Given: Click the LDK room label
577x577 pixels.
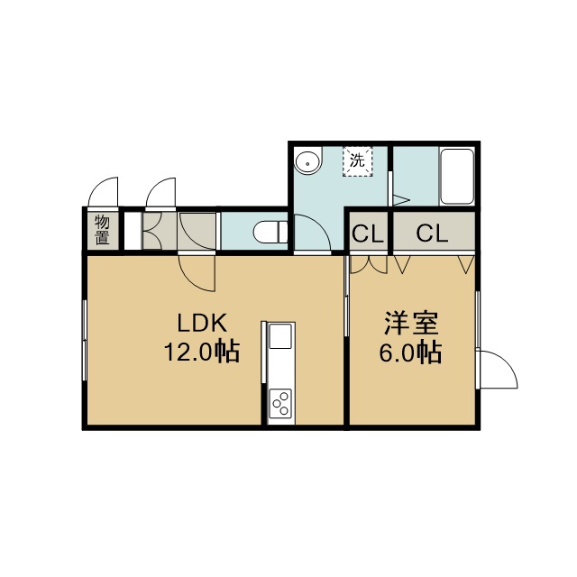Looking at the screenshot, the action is point(202,323).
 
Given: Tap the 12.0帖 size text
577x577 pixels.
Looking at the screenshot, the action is point(202,353).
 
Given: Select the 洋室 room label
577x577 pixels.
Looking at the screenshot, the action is point(411,323).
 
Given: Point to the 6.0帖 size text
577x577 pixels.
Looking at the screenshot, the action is point(410,353).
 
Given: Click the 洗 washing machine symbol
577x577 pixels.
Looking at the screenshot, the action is point(357,161).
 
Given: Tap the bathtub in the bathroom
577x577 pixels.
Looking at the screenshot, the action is point(457,177).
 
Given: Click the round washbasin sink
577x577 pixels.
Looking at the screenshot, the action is point(307,161).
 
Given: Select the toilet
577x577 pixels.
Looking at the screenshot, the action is point(270,232).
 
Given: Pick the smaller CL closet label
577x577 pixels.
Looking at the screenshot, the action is point(368,234).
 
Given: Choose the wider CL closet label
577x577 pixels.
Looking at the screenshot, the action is point(433,234).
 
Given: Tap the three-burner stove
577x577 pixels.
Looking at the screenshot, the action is point(280,404).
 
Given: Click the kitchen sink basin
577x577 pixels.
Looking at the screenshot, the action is point(280,336).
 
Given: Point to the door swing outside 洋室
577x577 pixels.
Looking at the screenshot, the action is point(497,370).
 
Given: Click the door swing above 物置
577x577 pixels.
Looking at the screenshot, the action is point(104,192).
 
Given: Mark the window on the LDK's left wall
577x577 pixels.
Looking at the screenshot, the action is point(85,341).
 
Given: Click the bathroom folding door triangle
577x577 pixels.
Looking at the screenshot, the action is point(401,200).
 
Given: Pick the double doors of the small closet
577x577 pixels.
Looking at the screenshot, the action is point(369,264).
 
